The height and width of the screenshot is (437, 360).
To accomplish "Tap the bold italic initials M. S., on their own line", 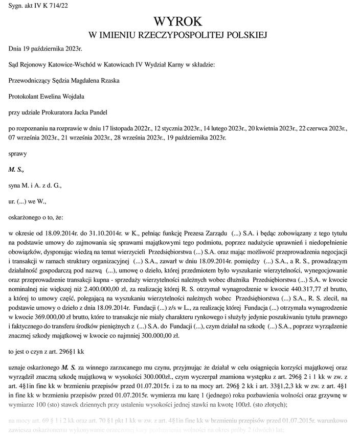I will pyautogui.click(x=16, y=169).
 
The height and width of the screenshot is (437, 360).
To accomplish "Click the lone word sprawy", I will pyautogui.click(x=18, y=153).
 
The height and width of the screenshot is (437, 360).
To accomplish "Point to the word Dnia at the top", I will pyautogui.click(x=15, y=49).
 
